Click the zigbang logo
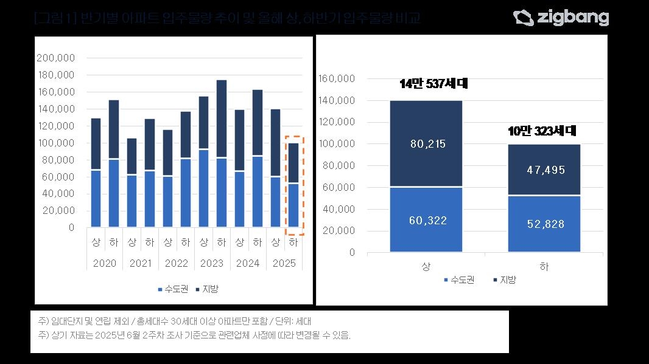[x=561, y=18]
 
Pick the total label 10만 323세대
[x=541, y=131]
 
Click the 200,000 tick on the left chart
[x=55, y=58]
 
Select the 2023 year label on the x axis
[x=212, y=264]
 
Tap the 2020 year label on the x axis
[x=104, y=264]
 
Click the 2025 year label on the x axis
[x=284, y=264]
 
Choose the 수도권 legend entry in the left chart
[x=174, y=289]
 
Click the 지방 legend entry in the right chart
[x=503, y=280]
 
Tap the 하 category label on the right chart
[x=543, y=267]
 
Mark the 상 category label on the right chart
[x=426, y=267]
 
